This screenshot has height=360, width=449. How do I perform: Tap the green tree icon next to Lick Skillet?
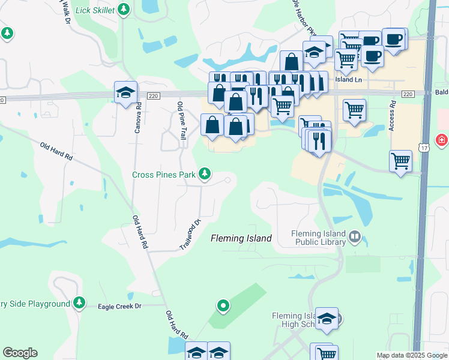point(124,9)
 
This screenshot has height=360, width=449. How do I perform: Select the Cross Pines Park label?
point(164,175)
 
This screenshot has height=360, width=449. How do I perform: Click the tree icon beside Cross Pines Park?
point(205,174)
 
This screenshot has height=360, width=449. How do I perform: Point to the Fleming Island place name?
point(241,238)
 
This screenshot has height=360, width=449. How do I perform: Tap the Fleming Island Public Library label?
point(318,238)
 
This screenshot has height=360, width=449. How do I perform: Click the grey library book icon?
point(355,238)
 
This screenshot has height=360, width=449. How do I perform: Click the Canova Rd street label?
point(138,118)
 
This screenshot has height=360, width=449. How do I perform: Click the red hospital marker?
point(442,140)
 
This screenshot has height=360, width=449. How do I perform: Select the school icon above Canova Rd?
point(125,93)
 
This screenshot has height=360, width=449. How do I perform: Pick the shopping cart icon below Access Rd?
point(400,160)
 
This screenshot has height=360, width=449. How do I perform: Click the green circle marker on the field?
point(223,306)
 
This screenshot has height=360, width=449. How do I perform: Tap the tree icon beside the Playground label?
point(79,304)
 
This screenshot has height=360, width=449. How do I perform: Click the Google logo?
point(20,353)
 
